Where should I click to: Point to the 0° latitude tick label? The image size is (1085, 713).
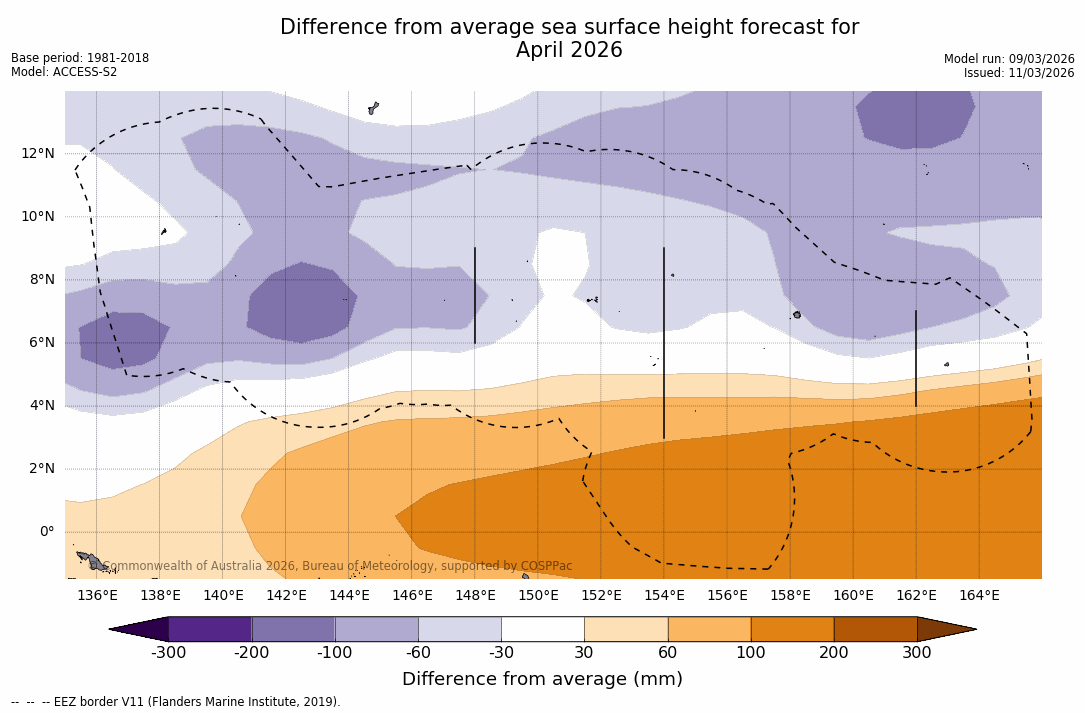(x=46, y=531)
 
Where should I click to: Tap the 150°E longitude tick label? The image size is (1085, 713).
(x=538, y=596)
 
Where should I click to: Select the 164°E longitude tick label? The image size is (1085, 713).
(x=979, y=596)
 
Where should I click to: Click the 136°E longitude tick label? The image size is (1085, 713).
(x=97, y=596)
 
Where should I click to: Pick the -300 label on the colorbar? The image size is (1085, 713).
(x=168, y=653)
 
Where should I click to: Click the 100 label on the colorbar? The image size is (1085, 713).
(x=750, y=653)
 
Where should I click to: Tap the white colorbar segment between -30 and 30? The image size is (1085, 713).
(x=542, y=629)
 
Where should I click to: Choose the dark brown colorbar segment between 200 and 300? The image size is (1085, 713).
(x=875, y=629)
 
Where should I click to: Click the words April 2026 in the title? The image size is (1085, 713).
(x=569, y=50)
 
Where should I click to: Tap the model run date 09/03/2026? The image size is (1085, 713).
(x=1037, y=59)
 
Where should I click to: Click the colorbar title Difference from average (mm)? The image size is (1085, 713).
(x=542, y=680)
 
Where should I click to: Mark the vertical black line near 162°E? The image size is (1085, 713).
(x=915, y=358)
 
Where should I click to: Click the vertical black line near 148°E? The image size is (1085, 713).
(x=474, y=295)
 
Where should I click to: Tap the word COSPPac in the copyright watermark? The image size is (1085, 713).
(x=546, y=566)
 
